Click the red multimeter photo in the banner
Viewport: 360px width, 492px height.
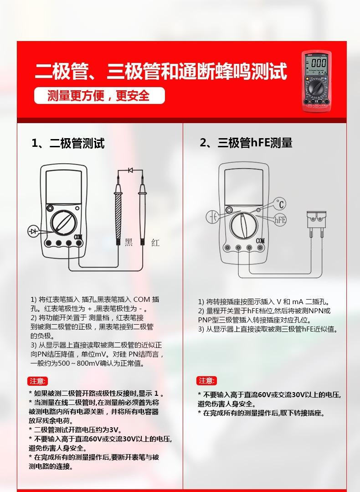pos(316,81)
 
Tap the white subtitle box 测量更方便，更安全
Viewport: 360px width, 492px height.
pos(99,95)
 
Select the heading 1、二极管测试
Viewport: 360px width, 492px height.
pos(68,143)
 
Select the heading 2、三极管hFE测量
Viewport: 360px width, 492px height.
pos(246,143)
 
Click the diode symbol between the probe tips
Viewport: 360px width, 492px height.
pos(130,170)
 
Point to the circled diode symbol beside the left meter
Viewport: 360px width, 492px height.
pos(33,232)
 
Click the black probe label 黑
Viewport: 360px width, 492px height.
pos(129,242)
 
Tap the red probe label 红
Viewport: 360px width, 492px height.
pos(155,242)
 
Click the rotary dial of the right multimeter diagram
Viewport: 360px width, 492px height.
pos(244,226)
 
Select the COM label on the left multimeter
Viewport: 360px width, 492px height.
pos(78,237)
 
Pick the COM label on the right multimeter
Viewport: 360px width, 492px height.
pos(260,241)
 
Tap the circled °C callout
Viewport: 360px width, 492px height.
pos(280,204)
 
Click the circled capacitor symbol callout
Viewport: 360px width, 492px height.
pos(212,217)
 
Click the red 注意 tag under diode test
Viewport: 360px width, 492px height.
pos(38,381)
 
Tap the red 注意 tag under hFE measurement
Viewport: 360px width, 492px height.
pos(206,381)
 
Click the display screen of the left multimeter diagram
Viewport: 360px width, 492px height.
pos(64,187)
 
